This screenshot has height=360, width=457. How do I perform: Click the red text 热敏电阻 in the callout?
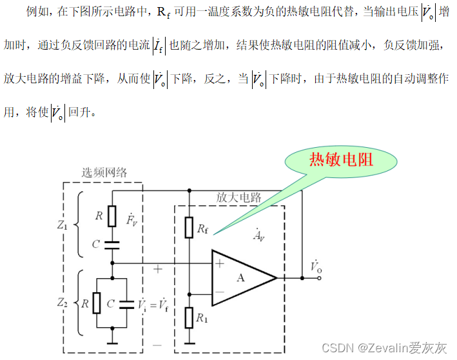[x=341, y=159]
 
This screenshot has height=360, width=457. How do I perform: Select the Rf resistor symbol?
[x=189, y=226]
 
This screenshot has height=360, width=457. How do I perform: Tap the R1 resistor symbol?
[x=189, y=317]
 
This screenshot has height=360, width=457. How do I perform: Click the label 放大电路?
[x=239, y=197]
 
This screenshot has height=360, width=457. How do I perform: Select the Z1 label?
[x=62, y=226]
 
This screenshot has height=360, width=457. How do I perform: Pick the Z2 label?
[x=62, y=302]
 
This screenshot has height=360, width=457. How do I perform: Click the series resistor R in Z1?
[x=112, y=215]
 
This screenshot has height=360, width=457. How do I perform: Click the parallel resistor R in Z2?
[x=96, y=303]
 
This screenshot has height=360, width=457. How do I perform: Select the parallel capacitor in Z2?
[x=128, y=303]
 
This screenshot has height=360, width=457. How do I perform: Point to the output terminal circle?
[x=318, y=278]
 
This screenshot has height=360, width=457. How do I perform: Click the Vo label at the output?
[x=315, y=265]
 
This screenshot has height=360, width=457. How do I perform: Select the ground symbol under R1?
[x=189, y=342]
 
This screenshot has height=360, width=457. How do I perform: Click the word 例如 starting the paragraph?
[x=37, y=12]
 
